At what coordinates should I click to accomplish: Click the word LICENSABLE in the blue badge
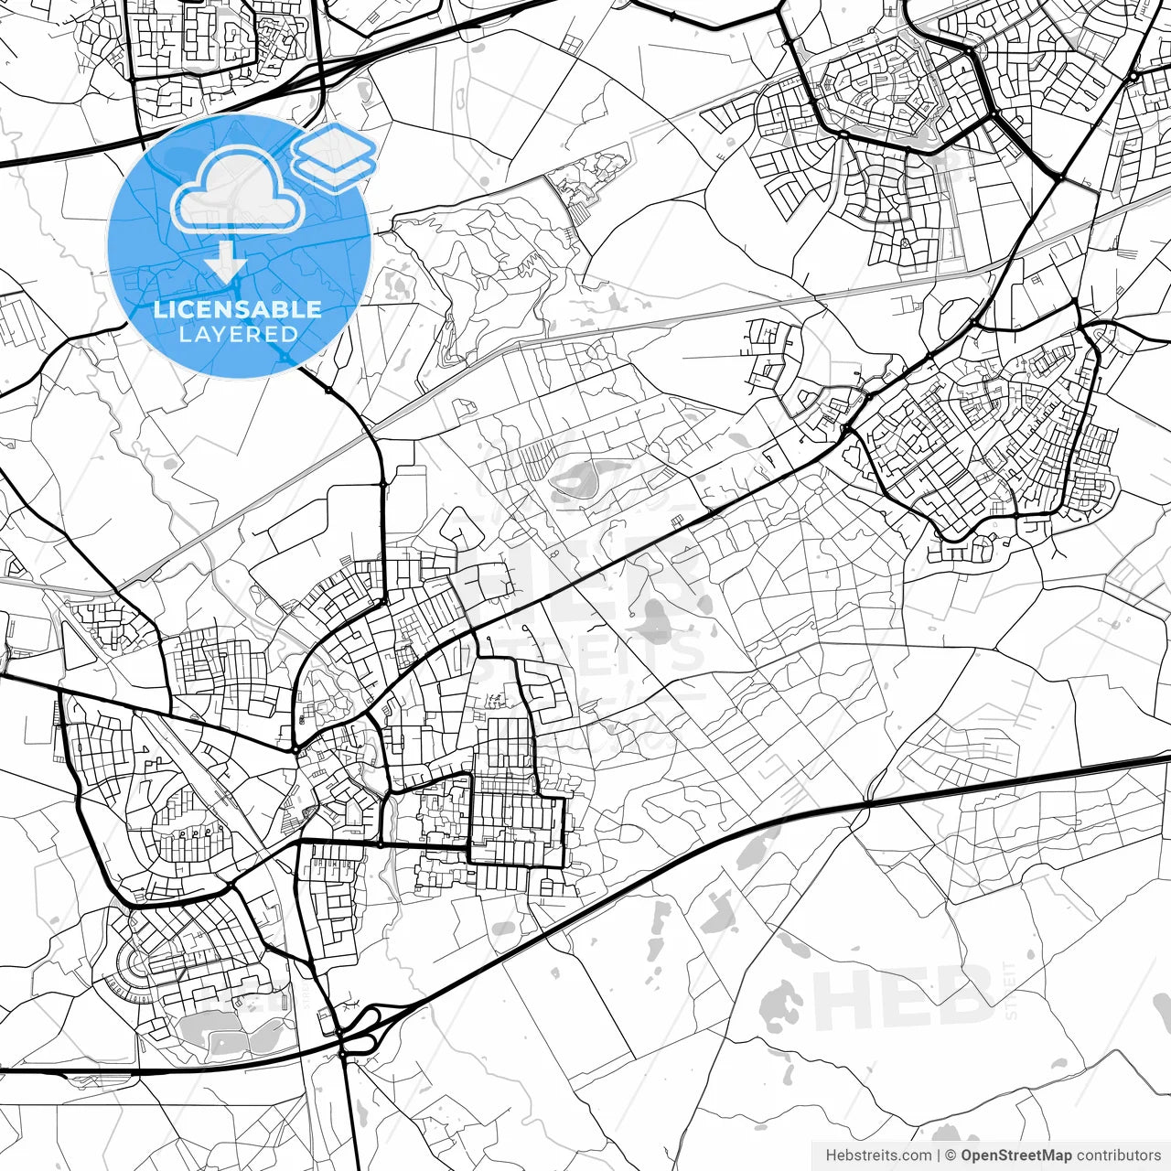238,309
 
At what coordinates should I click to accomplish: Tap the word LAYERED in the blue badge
238,334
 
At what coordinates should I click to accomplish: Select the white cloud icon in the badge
238,190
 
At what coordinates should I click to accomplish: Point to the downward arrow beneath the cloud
225,262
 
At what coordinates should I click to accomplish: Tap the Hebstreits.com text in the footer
878,1155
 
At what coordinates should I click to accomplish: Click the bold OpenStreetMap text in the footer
1015,1155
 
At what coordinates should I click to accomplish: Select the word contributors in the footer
1118,1155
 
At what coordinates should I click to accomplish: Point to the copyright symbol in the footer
951,1155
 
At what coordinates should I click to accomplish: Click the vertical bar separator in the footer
940,1155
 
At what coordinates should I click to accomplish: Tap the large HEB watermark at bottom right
901,997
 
